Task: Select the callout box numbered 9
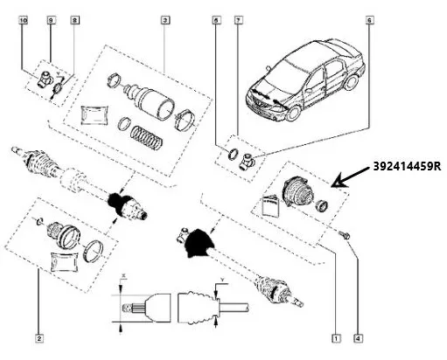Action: click(x=51, y=17)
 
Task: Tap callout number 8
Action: click(x=74, y=17)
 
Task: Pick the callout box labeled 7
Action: click(x=237, y=17)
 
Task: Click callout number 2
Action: click(x=39, y=335)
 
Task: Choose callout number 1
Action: click(x=336, y=335)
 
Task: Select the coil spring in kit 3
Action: click(x=146, y=135)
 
